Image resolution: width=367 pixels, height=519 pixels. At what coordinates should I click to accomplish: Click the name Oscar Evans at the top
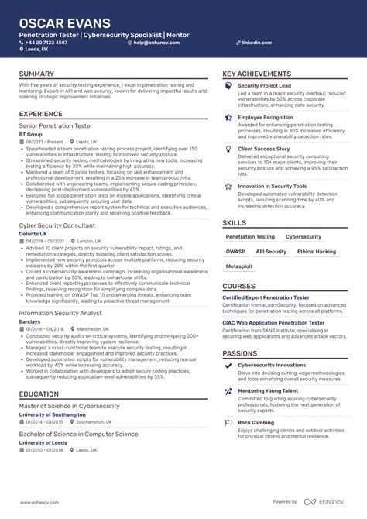coord(65,22)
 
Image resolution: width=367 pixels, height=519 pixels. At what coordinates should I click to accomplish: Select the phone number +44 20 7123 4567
coord(46,43)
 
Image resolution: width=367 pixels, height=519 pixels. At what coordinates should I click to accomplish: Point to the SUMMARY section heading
coord(37,74)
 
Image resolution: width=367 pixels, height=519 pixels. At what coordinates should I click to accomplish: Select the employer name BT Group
coord(32,134)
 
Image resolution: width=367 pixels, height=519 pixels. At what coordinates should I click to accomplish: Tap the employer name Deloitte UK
coord(33,233)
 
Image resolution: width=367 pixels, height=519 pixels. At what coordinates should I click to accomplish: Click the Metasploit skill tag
coord(239,266)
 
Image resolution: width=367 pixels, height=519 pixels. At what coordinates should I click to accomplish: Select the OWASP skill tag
coord(235,252)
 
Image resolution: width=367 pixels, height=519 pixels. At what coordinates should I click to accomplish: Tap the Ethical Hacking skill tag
coord(317,252)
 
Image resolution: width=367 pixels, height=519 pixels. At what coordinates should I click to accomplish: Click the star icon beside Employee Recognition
coord(228,118)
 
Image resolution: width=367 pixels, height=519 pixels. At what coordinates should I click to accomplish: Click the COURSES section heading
coord(239,286)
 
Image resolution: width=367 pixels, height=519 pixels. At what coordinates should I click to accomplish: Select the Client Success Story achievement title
coord(264,148)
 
